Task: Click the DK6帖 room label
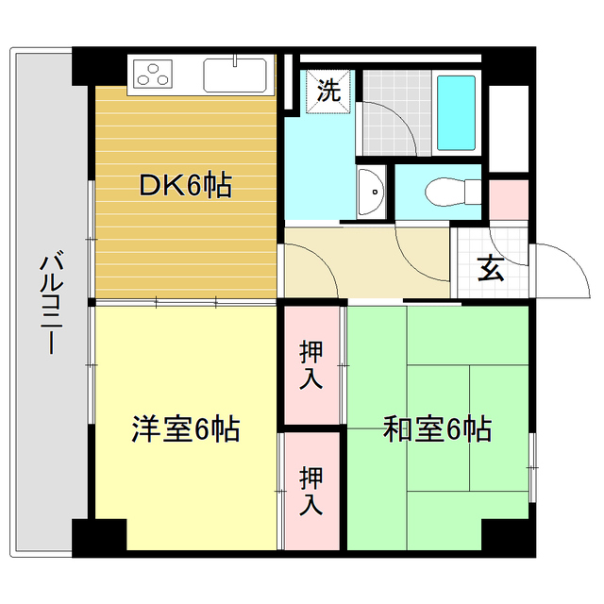185,186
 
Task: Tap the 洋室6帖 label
185,430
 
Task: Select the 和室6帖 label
437,430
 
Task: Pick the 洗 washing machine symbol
327,92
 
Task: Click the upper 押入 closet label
311,363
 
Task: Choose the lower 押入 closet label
311,489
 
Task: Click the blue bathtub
457,113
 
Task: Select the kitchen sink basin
235,75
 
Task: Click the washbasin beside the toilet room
372,193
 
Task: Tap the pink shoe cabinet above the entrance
508,197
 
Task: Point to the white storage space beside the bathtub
509,127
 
